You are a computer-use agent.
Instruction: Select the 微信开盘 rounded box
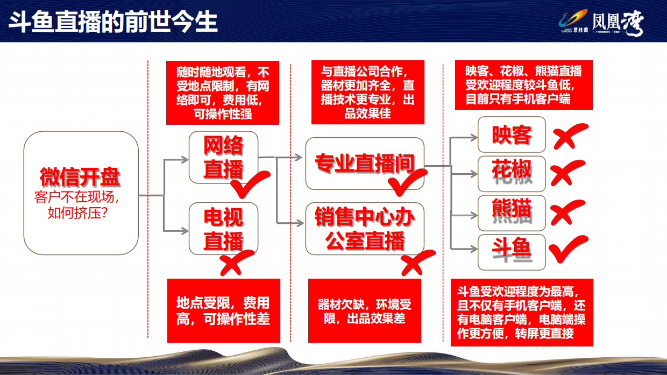click(81, 193)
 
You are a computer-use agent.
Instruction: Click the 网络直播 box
click(223, 157)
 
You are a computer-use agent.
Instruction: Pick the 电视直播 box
click(223, 228)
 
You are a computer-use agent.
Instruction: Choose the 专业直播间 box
click(364, 164)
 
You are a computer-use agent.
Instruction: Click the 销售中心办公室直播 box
click(364, 228)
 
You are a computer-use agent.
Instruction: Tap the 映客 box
click(512, 134)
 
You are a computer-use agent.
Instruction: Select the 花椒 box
click(512, 173)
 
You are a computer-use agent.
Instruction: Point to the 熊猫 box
click(512, 213)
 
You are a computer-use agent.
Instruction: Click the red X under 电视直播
click(235, 262)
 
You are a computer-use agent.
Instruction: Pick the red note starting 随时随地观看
click(223, 93)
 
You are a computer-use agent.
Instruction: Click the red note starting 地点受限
click(223, 310)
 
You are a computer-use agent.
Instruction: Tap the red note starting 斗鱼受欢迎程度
click(521, 313)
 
